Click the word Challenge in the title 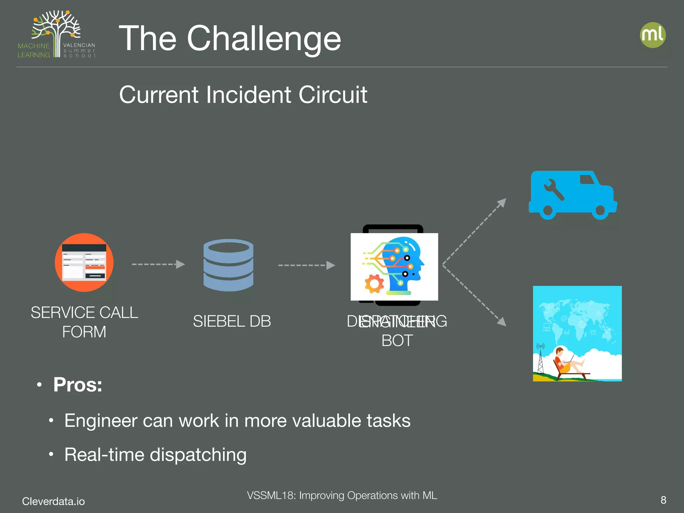click(x=264, y=39)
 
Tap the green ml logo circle click(x=653, y=35)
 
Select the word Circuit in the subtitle click(x=333, y=95)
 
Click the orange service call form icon click(x=84, y=263)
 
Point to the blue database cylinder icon click(x=228, y=265)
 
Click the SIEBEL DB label click(x=232, y=321)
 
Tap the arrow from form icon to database click(x=158, y=264)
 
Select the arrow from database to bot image click(x=306, y=265)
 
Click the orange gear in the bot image click(x=374, y=284)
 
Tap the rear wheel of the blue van click(x=548, y=211)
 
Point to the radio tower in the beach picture click(x=540, y=359)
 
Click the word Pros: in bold click(x=77, y=385)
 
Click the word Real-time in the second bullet click(x=104, y=455)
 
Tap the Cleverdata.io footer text click(x=53, y=501)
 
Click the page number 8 click(x=663, y=500)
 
